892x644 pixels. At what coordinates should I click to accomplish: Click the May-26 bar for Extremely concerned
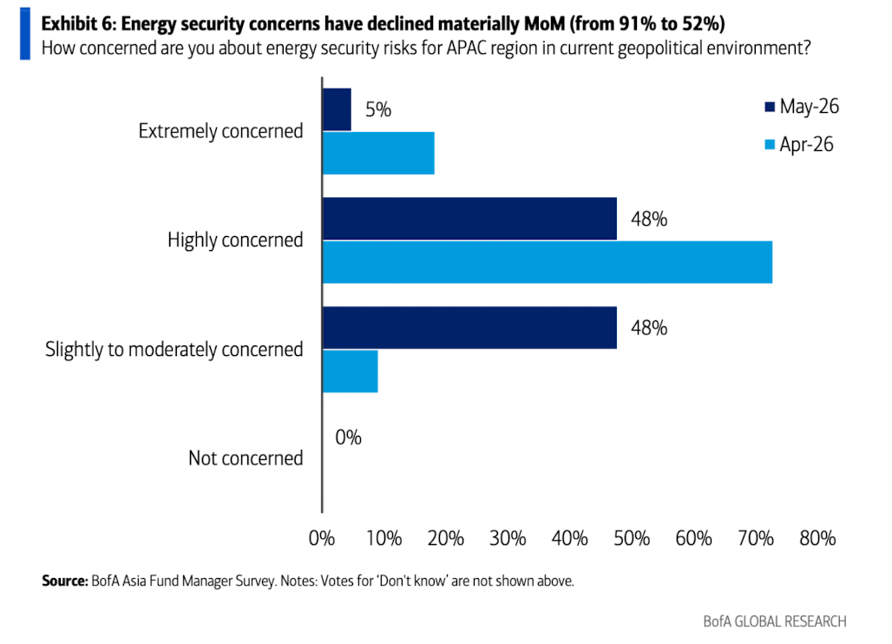[x=337, y=110]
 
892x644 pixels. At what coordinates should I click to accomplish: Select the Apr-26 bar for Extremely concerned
[x=378, y=153]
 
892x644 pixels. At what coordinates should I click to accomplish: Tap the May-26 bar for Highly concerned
[x=469, y=219]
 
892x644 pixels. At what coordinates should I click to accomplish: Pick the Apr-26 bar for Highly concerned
[x=548, y=262]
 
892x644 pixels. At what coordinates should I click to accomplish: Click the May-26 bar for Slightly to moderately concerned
[x=469, y=328]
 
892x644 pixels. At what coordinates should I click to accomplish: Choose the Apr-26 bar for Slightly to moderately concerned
[x=350, y=371]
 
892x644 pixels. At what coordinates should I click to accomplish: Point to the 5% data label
[x=378, y=109]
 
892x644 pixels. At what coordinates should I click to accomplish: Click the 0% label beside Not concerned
[x=348, y=437]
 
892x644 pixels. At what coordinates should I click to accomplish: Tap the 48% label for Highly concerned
[x=649, y=219]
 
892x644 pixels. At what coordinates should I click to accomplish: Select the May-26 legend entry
[x=802, y=107]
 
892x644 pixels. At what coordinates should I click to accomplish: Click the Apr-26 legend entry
[x=799, y=144]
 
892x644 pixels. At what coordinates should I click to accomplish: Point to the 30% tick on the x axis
[x=508, y=538]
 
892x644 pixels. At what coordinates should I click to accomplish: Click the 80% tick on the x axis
[x=817, y=538]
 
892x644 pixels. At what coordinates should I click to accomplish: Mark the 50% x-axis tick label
[x=632, y=538]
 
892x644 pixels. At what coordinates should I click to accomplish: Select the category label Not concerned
[x=246, y=458]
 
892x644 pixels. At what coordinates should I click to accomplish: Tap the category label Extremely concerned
[x=220, y=131]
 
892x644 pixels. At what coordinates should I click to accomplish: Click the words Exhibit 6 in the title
[x=78, y=24]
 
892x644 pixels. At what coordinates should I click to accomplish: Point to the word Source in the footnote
[x=65, y=581]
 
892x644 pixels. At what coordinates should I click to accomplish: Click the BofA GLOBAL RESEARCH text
[x=775, y=621]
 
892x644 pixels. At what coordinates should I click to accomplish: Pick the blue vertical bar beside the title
[x=25, y=34]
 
